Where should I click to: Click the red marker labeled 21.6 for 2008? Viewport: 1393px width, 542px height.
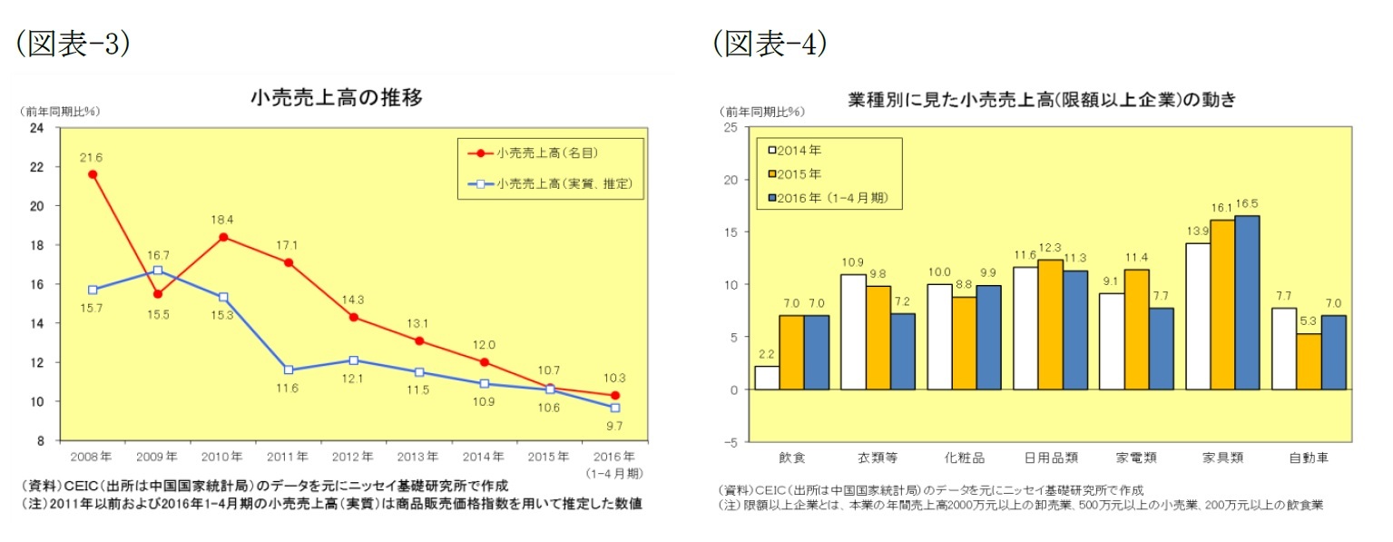click(93, 173)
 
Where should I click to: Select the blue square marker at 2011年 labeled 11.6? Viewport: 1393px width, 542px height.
click(288, 370)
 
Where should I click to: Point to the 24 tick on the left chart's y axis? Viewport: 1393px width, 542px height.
click(37, 128)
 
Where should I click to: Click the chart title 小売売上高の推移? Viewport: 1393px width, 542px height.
click(336, 98)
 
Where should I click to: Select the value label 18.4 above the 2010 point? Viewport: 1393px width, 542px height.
click(223, 219)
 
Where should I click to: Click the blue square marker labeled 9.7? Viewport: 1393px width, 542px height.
click(614, 408)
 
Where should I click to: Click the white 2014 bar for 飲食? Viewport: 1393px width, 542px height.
click(767, 378)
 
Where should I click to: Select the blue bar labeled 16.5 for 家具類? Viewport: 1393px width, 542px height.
click(1247, 302)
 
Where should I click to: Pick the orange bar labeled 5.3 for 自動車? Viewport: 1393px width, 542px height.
click(1309, 361)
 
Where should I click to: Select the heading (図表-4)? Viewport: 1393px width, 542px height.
click(770, 44)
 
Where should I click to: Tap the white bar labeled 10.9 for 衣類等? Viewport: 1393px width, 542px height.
click(853, 332)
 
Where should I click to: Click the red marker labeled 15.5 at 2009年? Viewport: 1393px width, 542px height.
click(158, 293)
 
